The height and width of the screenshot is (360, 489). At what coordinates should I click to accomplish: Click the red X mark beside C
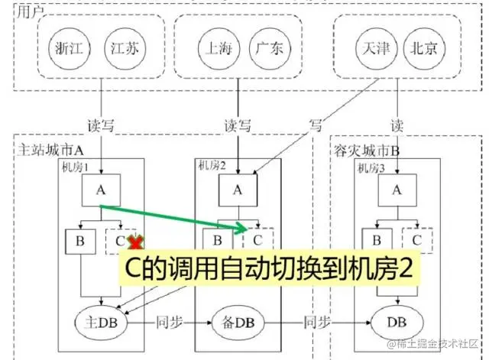point(136,242)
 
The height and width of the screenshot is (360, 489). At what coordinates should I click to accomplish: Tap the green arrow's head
point(241,228)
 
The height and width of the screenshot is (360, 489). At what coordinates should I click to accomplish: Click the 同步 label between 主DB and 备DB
point(170,323)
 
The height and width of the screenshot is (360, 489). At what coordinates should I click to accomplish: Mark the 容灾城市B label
point(367,151)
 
